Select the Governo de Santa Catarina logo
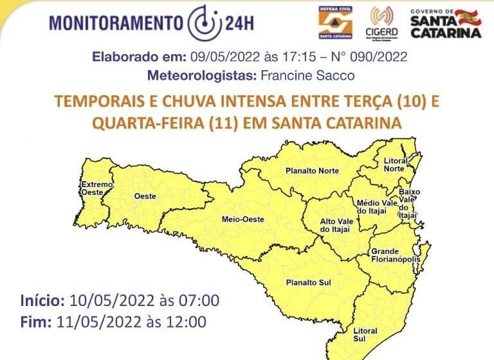(446, 24)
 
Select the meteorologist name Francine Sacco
(307, 76)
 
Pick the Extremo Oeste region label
(96, 188)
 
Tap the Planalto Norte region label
(312, 171)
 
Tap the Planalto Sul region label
(309, 282)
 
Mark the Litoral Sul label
(365, 335)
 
